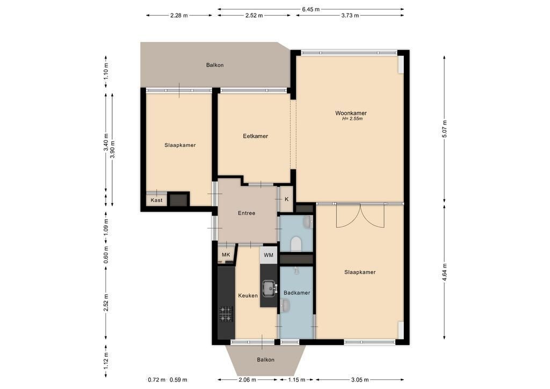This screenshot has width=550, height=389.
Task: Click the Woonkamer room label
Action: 351,113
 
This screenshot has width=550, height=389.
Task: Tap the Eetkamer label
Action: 255,136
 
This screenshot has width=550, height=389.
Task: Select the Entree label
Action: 246,213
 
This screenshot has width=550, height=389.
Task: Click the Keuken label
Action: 248,296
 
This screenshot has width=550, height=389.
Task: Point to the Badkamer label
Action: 296,292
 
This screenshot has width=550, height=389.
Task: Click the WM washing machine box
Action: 269,255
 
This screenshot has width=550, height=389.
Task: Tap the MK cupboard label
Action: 226,255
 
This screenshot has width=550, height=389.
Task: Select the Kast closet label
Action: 156,200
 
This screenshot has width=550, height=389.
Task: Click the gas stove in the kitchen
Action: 226,314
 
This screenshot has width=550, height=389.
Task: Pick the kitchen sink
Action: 270,289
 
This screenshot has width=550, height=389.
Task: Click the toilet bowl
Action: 296,244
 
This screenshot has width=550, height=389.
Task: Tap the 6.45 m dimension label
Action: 311,10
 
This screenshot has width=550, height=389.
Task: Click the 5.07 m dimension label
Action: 445,129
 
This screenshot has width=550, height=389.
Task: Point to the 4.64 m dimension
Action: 445,272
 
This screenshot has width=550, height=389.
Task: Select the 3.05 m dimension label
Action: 359,379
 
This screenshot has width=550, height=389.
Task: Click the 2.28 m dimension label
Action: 179,16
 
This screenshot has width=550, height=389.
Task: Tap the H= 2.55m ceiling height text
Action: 352,119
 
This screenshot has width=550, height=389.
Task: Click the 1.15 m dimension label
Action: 296,379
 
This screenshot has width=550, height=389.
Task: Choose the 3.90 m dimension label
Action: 112,149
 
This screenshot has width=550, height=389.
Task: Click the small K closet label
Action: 287,199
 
